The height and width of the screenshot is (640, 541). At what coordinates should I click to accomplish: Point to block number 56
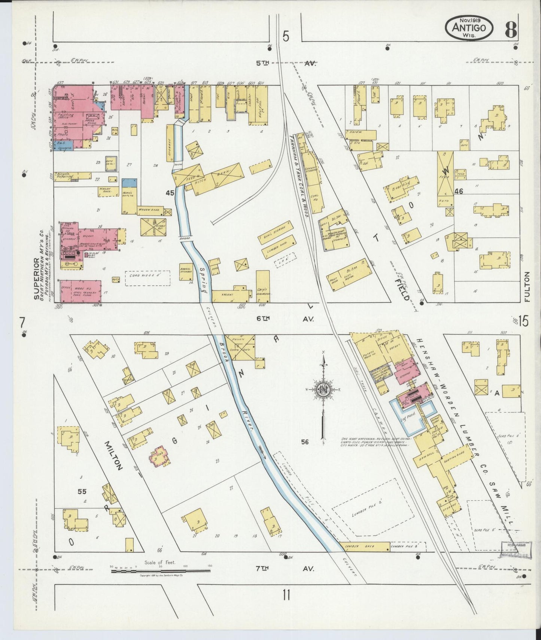click(304, 442)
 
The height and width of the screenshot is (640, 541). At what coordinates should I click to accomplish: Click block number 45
click(170, 193)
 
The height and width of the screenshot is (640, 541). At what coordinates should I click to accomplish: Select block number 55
click(82, 491)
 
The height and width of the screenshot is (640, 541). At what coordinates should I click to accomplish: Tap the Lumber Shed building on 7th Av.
click(364, 547)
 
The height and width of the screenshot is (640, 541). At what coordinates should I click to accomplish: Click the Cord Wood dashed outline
click(147, 278)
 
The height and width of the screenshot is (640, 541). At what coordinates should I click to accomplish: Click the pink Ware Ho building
click(80, 291)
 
